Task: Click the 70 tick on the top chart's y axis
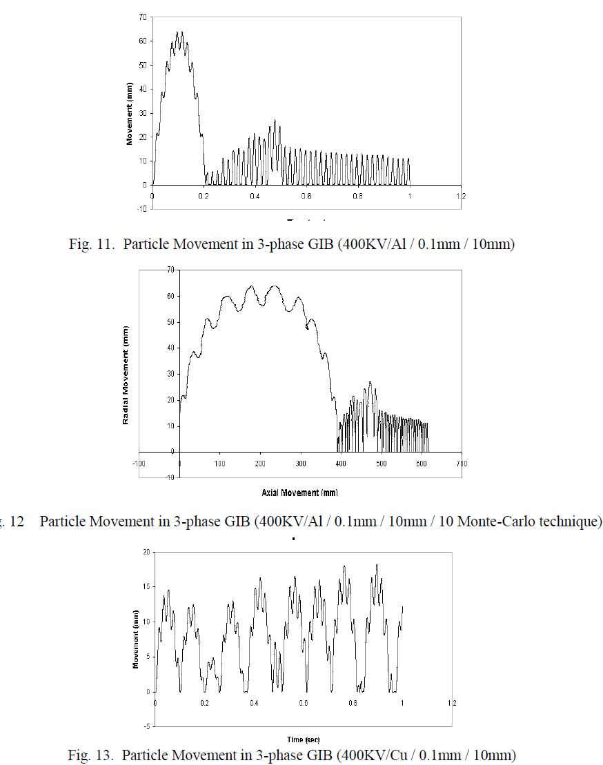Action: click(142, 16)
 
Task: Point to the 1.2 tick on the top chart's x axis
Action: click(461, 195)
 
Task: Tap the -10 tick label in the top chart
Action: click(141, 208)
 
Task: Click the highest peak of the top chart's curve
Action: click(179, 32)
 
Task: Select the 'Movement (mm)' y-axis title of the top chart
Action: click(129, 113)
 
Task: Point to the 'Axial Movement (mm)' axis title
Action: click(300, 493)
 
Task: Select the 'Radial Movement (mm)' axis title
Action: click(126, 375)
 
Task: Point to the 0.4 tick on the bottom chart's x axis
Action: click(254, 702)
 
